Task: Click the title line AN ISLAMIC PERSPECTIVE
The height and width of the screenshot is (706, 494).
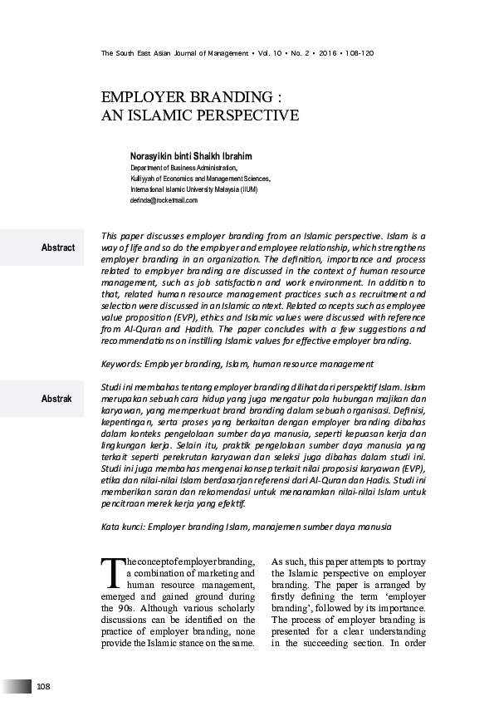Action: pyautogui.click(x=199, y=116)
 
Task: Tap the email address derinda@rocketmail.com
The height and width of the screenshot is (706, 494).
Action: pyautogui.click(x=164, y=200)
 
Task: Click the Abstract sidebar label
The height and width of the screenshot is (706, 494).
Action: pyautogui.click(x=57, y=248)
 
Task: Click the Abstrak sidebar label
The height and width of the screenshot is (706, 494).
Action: pyautogui.click(x=56, y=400)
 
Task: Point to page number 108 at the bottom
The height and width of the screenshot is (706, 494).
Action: pyautogui.click(x=44, y=686)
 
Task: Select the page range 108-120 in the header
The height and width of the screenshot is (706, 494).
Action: pyautogui.click(x=359, y=53)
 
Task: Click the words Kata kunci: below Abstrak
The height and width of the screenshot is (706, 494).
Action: pyautogui.click(x=125, y=527)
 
